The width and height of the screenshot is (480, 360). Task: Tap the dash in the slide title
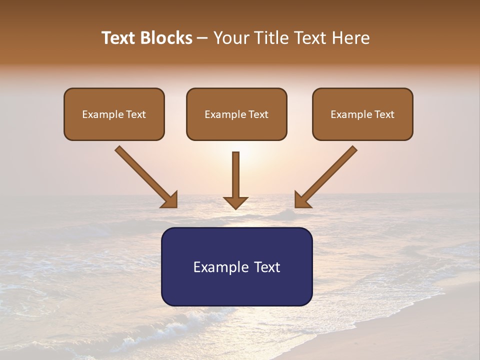click(202, 38)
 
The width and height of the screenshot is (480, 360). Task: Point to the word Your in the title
click(231, 38)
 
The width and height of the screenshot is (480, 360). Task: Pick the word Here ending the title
click(350, 38)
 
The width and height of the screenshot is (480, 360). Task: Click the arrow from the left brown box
click(145, 176)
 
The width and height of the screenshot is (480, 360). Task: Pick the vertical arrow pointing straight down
click(235, 177)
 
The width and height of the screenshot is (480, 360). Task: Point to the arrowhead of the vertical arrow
click(235, 202)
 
